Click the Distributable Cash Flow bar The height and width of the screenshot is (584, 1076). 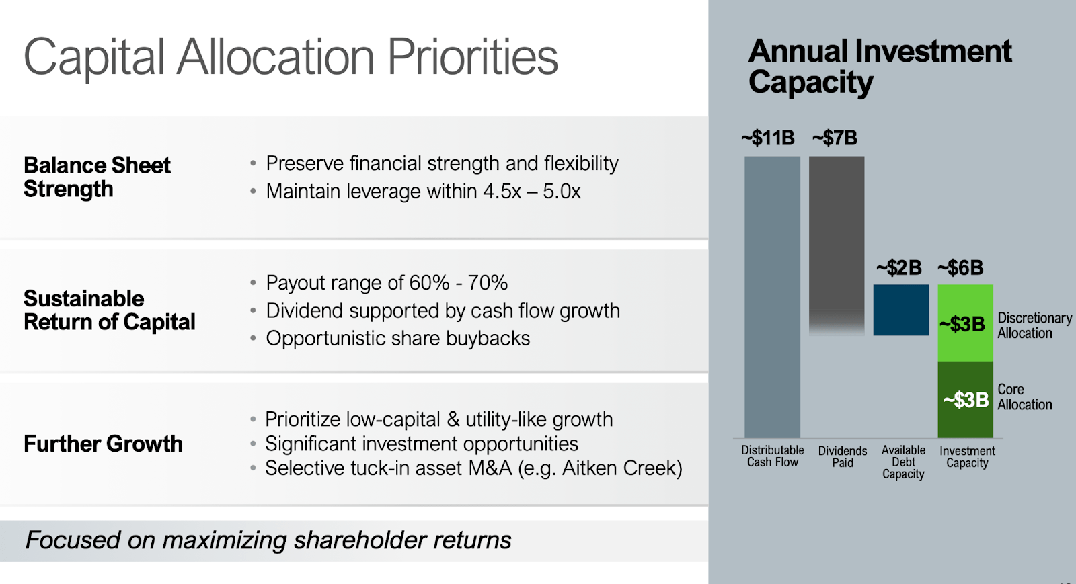point(772,296)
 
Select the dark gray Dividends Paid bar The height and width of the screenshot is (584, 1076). point(836,235)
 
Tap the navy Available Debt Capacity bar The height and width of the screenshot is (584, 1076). point(900,310)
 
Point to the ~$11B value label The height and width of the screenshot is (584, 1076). point(768,138)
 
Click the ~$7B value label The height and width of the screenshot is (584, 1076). point(835,138)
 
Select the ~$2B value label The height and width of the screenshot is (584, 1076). point(898,268)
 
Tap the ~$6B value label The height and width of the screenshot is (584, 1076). point(961,268)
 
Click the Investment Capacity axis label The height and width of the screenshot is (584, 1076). point(967,457)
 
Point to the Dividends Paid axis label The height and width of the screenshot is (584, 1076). point(842,456)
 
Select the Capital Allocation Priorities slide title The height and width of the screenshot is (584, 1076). point(291,57)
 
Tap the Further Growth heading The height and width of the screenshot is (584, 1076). point(103,444)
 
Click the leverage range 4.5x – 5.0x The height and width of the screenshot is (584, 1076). point(531,192)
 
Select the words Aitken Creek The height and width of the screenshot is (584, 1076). point(619,468)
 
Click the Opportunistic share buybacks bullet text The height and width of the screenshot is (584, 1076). point(397,339)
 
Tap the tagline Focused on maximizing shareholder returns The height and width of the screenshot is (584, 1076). point(268,540)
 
